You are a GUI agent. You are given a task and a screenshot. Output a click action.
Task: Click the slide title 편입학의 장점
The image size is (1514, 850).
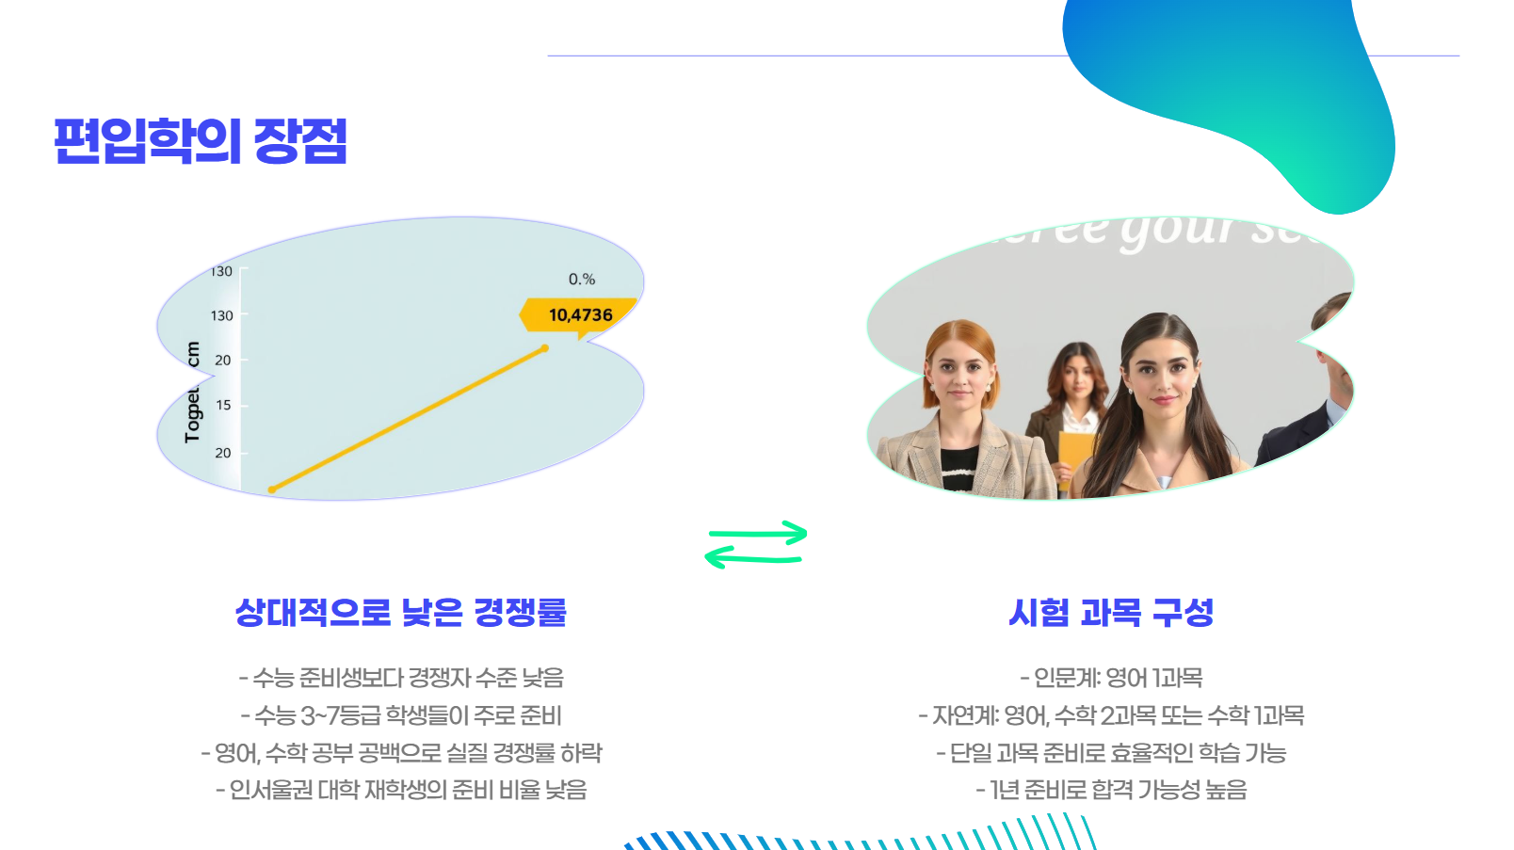(x=201, y=141)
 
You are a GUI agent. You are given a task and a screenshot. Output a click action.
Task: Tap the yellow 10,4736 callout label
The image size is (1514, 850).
(x=580, y=315)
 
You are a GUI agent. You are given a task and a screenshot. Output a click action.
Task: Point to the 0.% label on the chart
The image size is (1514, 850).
(x=581, y=280)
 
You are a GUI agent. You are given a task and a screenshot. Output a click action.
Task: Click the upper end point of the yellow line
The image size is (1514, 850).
(x=544, y=349)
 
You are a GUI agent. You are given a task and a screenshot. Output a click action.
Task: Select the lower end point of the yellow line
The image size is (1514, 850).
(x=272, y=489)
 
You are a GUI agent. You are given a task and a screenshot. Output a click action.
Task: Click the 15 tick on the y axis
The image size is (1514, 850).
(x=223, y=406)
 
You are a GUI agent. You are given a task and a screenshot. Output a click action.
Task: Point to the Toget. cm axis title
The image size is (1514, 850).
(x=193, y=392)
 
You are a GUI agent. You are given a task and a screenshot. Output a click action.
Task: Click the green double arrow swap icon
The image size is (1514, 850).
(x=756, y=545)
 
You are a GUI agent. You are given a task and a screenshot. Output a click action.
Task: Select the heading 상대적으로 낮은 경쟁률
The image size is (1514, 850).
(x=400, y=613)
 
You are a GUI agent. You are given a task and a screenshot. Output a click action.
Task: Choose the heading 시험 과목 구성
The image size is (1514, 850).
(x=1111, y=613)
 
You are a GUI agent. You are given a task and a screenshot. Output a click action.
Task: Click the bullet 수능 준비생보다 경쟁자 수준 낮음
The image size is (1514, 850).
(x=401, y=678)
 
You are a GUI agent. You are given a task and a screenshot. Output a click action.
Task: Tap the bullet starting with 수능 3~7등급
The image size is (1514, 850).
(x=401, y=715)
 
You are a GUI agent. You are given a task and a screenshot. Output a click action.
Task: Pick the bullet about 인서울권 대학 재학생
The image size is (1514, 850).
(x=401, y=790)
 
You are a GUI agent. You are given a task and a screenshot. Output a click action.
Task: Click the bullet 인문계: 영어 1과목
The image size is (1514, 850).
(x=1111, y=678)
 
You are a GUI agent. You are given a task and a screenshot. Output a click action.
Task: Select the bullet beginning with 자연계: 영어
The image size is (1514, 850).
(x=1111, y=715)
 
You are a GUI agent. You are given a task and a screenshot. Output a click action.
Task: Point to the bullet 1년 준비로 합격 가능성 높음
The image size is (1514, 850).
(x=1111, y=790)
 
